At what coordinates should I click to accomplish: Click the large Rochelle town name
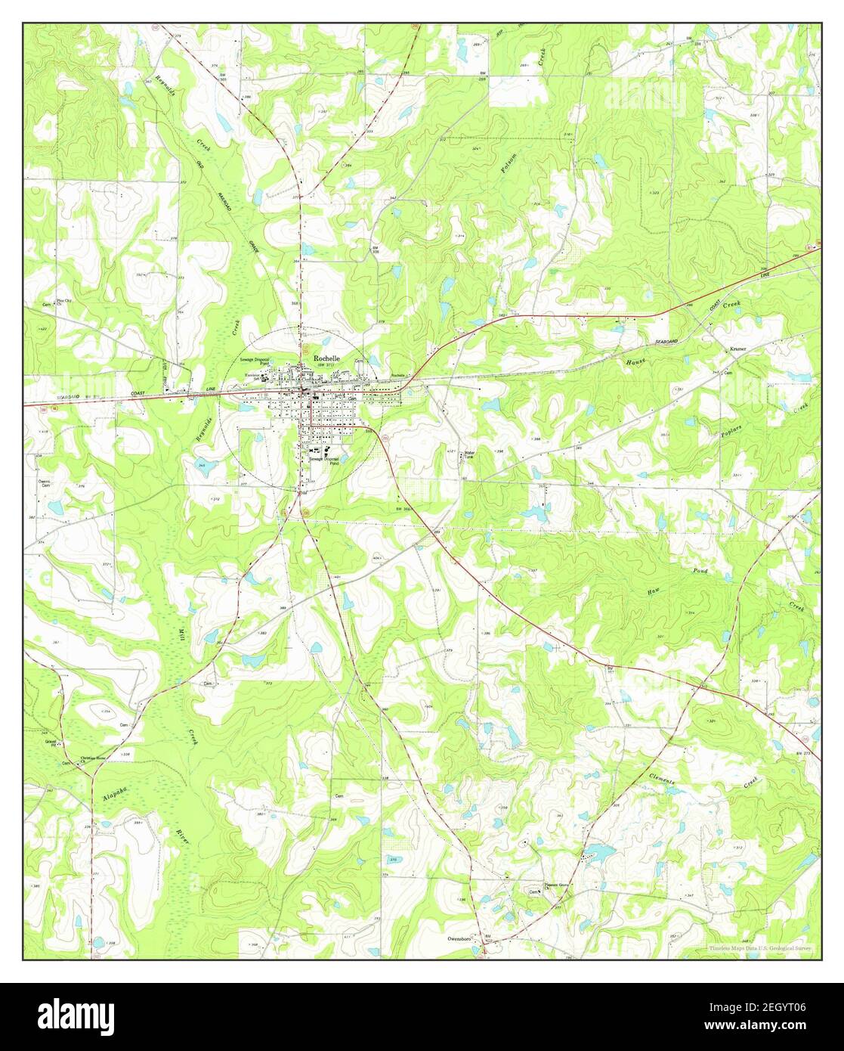click(x=326, y=358)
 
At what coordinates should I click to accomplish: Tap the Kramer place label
click(x=737, y=349)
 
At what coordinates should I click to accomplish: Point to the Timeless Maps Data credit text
click(x=764, y=948)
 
